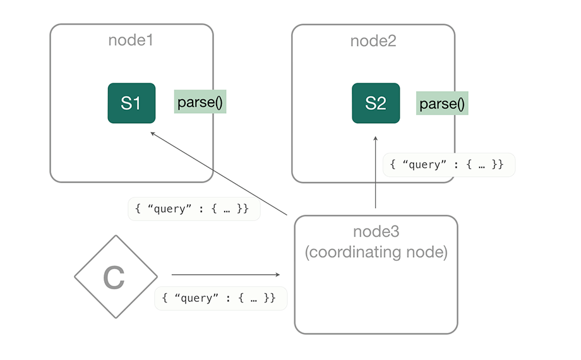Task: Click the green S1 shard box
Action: click(x=131, y=103)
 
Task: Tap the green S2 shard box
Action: click(x=376, y=103)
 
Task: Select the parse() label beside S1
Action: click(x=200, y=102)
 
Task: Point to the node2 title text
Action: click(x=373, y=41)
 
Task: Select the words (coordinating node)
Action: click(x=376, y=253)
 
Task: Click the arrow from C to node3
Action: click(x=224, y=275)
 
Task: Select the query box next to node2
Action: click(x=448, y=164)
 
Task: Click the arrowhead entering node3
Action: click(x=277, y=275)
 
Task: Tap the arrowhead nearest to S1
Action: click(x=153, y=134)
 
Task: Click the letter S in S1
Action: click(x=126, y=103)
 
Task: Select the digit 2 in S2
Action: click(x=381, y=103)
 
